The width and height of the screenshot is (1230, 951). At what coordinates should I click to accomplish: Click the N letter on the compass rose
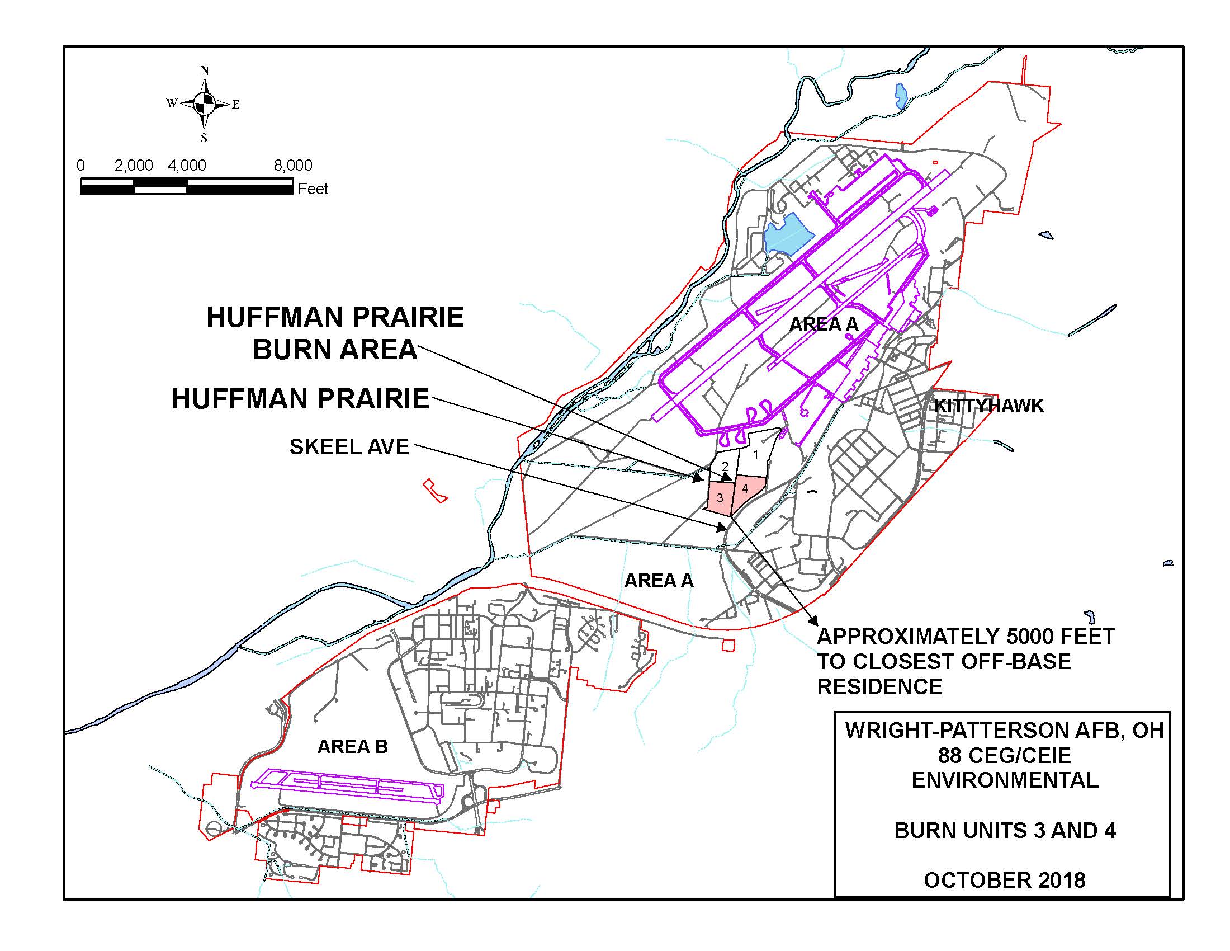click(205, 71)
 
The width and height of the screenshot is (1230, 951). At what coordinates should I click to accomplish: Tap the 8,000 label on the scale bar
click(293, 166)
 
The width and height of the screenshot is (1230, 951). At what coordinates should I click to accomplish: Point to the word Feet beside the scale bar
click(313, 189)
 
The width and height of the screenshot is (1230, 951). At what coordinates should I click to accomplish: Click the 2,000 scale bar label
click(134, 166)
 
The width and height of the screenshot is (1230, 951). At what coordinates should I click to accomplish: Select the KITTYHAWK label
click(988, 406)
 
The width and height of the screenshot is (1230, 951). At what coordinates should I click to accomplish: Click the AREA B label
click(353, 746)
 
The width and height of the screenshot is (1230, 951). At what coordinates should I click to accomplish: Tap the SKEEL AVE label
click(349, 447)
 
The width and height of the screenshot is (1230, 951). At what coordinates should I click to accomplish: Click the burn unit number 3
click(720, 498)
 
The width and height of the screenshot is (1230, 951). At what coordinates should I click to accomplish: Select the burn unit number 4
click(745, 488)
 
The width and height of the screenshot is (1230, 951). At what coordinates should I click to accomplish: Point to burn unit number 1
click(756, 454)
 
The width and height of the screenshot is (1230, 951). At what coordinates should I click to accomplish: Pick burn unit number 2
click(725, 467)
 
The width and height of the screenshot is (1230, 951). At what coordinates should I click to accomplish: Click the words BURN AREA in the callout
click(335, 350)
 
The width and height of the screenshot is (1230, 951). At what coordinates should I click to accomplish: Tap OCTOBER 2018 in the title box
click(1005, 880)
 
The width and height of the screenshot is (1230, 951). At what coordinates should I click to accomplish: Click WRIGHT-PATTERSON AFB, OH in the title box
click(1005, 731)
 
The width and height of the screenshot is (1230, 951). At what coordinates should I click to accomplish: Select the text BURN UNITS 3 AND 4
click(1005, 830)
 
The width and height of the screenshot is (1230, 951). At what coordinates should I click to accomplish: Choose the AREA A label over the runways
click(824, 324)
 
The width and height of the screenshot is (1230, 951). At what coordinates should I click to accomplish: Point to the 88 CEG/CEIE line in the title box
click(1005, 755)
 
